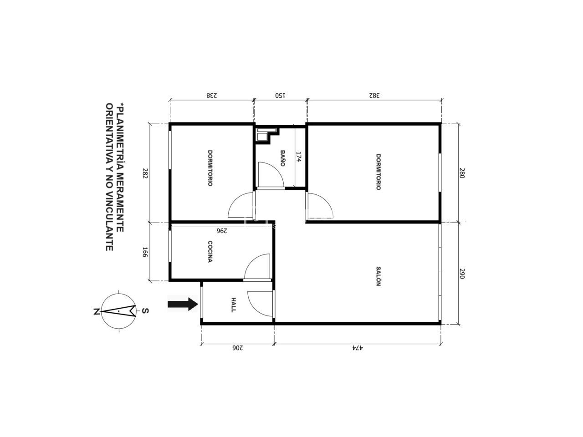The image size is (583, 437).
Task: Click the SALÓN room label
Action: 378,276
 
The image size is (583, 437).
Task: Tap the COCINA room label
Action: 210,251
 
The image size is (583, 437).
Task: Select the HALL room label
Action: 233,305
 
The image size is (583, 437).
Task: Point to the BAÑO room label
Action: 282,158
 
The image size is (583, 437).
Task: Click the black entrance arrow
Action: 183,304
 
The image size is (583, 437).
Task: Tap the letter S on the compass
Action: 145,310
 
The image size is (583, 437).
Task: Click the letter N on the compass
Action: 97,311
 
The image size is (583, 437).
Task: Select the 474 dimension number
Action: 358,348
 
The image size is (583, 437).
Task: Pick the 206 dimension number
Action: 237,348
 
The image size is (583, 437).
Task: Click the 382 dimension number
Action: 374,95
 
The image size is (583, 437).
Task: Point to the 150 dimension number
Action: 280,95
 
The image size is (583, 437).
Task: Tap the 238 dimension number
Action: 212,95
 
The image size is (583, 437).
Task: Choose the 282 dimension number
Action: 145,173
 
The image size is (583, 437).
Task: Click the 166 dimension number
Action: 145,252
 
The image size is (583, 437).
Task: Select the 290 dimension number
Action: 462,274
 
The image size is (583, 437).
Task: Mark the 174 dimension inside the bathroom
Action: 298,157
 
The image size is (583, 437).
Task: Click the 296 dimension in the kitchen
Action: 222,231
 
